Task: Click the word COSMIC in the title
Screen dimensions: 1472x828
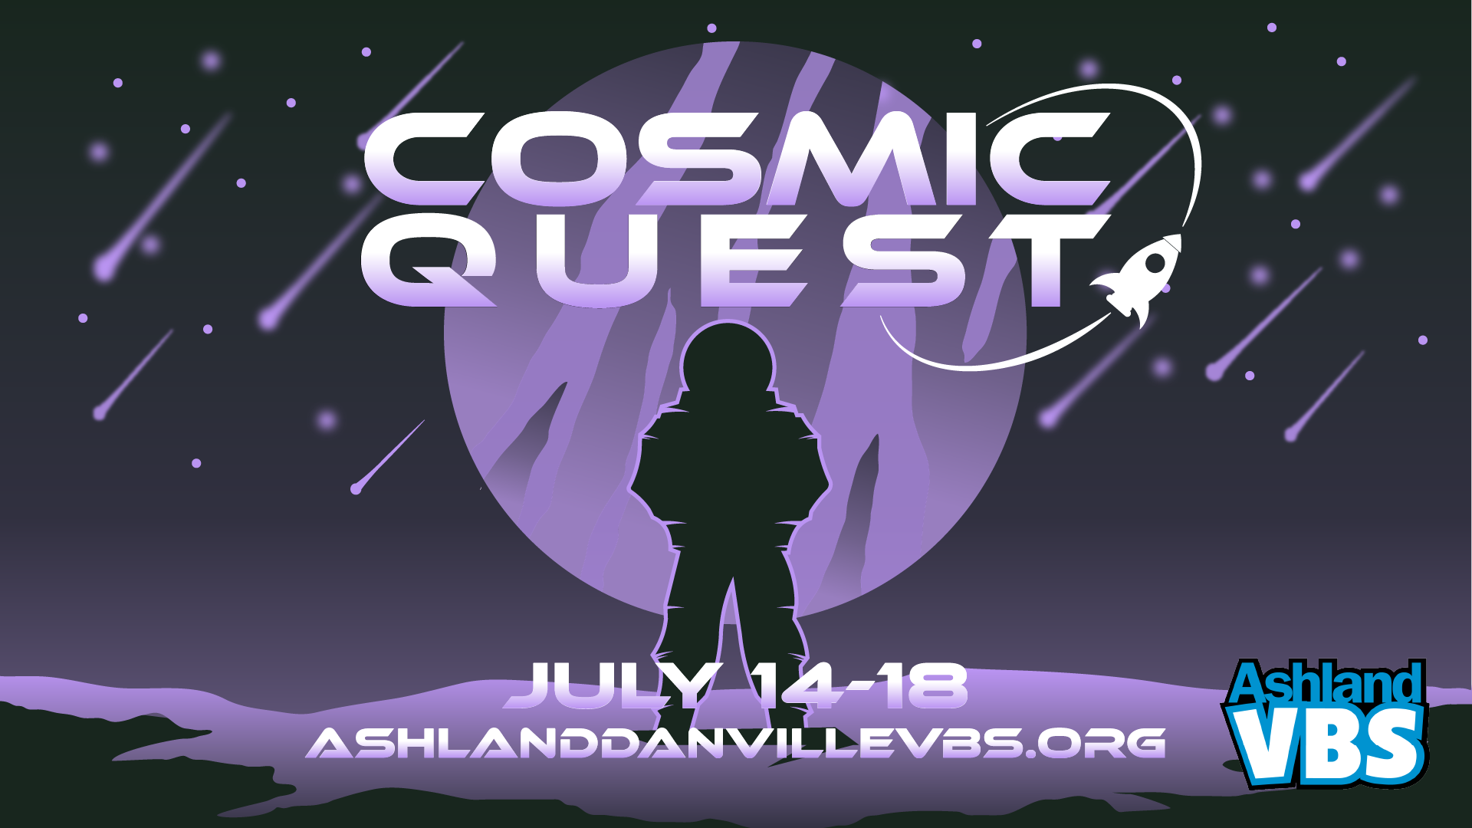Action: coord(736,159)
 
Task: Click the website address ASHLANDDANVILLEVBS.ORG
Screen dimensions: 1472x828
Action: coord(736,742)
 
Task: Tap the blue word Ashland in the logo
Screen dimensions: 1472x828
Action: coord(1326,682)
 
